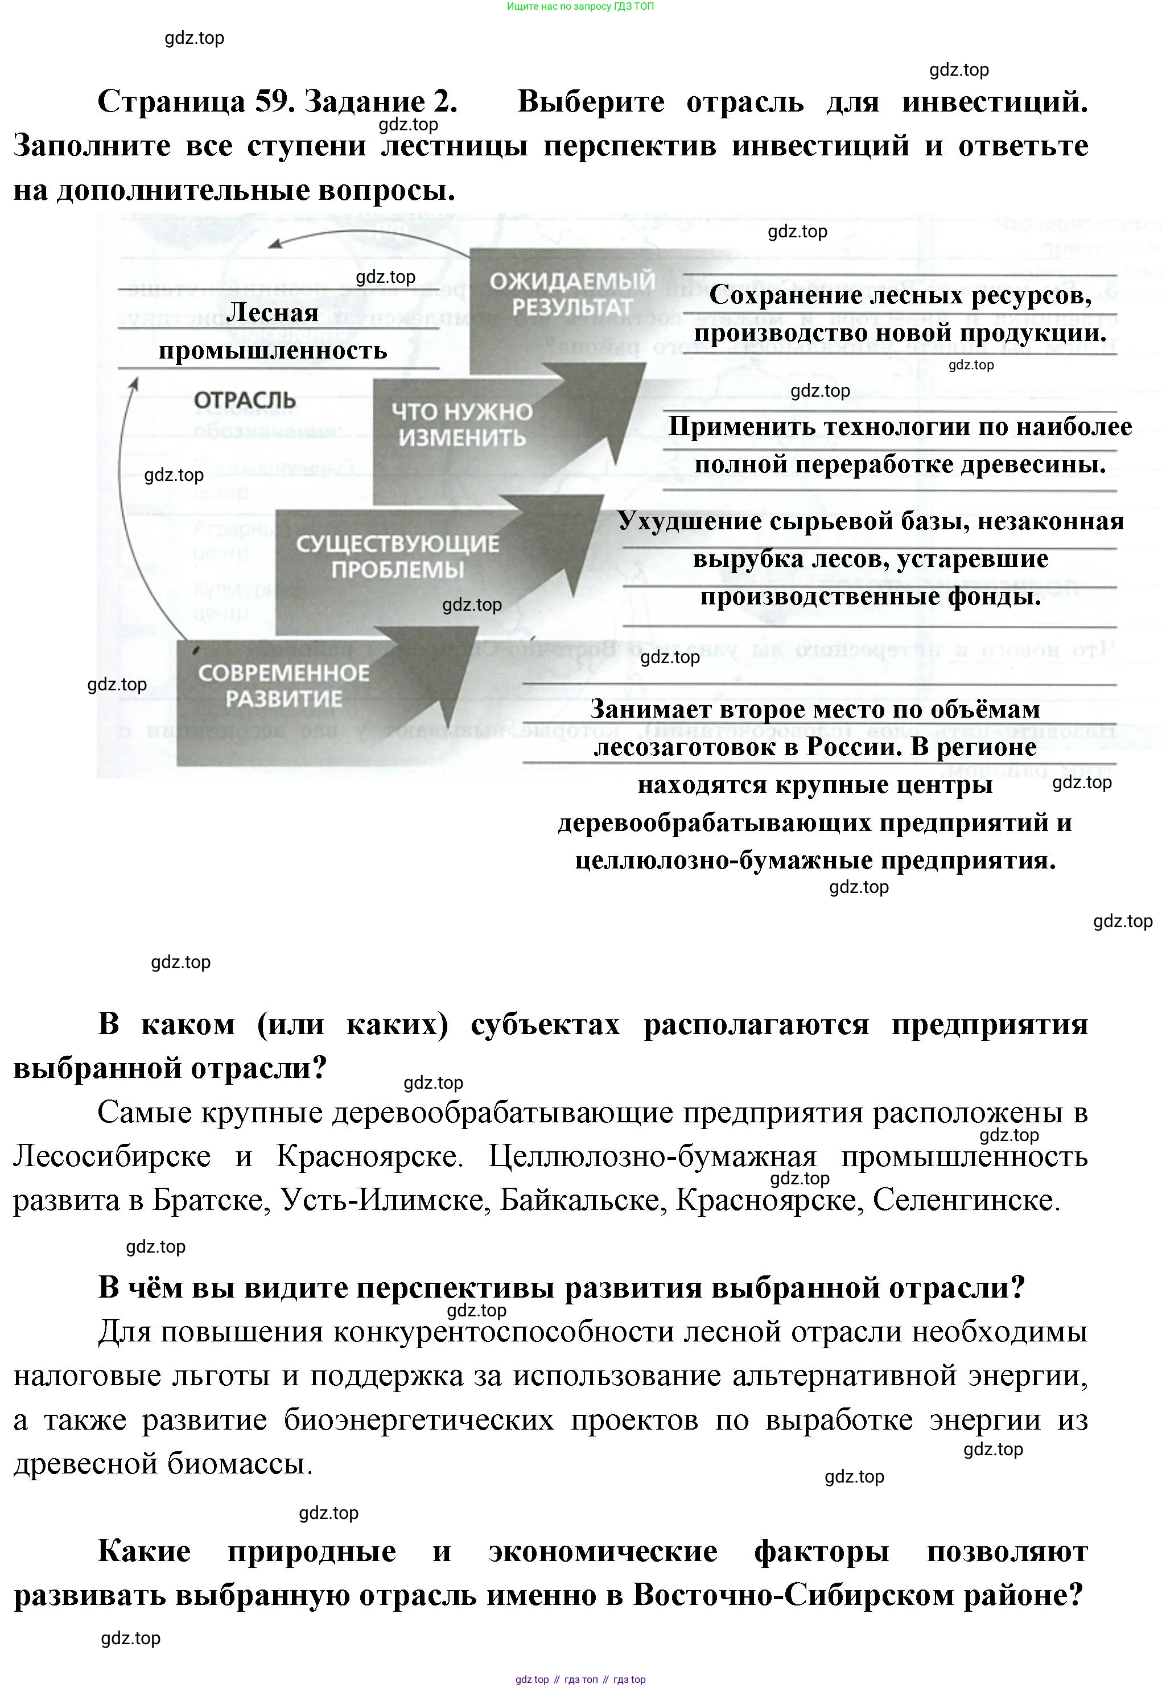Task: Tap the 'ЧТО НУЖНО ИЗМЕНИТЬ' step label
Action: pos(461,425)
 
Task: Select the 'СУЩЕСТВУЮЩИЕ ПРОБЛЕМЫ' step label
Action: pos(398,557)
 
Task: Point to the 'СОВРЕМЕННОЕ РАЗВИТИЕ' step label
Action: pos(284,685)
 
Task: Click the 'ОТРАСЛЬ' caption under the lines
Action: pos(245,400)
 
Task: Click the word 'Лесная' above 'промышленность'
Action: pos(273,312)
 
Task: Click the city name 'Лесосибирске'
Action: pos(112,1156)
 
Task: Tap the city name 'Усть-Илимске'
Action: pos(382,1200)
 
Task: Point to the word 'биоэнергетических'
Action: pos(419,1419)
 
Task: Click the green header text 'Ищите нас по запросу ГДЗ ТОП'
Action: pos(580,7)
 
